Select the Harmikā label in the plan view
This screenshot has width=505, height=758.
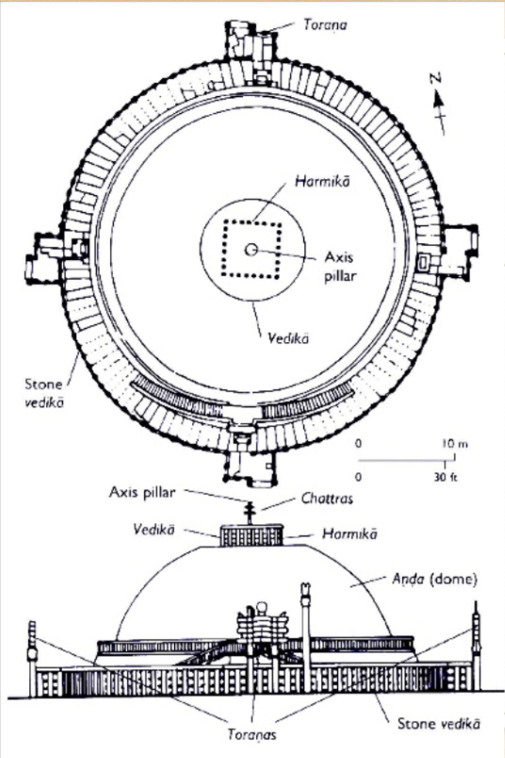click(x=298, y=181)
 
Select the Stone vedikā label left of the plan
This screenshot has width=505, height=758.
click(x=45, y=392)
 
